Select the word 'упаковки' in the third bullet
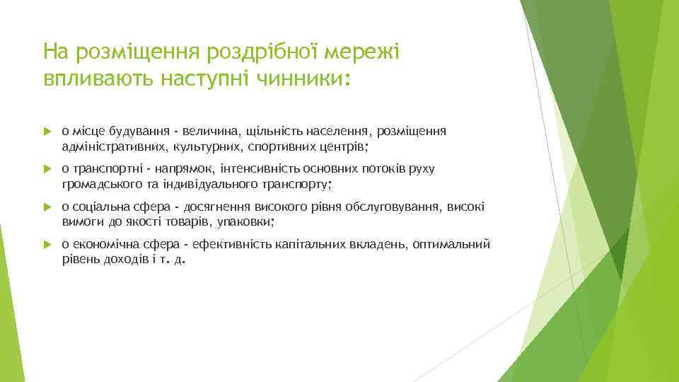(250, 222)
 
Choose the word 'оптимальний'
(455, 245)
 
